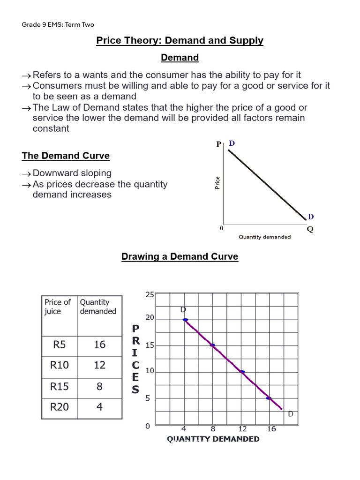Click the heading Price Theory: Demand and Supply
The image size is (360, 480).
point(180,41)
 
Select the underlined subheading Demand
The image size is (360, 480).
point(180,58)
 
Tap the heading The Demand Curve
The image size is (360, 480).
point(66,156)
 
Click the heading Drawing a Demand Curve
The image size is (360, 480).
point(180,257)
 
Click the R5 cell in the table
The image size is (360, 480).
point(60,345)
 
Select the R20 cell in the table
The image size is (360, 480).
point(60,407)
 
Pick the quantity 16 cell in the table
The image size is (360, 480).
point(99,345)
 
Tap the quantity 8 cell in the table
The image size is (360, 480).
point(99,386)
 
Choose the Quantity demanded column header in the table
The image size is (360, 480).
point(98,307)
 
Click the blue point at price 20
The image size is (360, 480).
point(186,320)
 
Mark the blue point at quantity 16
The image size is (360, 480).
point(269,398)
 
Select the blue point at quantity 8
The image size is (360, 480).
point(212,345)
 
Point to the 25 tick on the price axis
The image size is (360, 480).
point(150,295)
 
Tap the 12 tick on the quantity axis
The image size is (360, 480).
point(242,429)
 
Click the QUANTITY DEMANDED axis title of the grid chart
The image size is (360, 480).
point(213,439)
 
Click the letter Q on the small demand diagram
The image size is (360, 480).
point(310,229)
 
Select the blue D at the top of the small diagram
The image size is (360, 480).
point(231,143)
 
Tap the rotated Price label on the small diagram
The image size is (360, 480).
point(217,182)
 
